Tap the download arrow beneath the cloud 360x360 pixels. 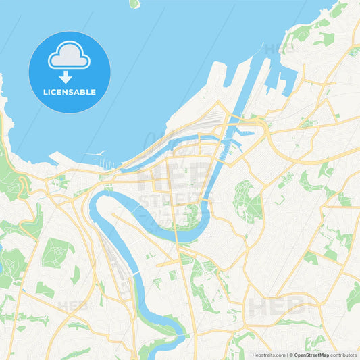pyautogui.click(x=66, y=76)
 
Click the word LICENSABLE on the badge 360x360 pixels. pyautogui.click(x=69, y=91)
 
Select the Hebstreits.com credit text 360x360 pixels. pyautogui.click(x=267, y=354)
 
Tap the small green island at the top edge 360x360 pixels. pyautogui.click(x=134, y=3)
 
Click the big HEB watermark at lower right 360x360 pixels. pyautogui.click(x=273, y=307)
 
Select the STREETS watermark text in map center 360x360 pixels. pyautogui.click(x=174, y=200)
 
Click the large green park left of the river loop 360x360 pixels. pyautogui.click(x=57, y=252)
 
